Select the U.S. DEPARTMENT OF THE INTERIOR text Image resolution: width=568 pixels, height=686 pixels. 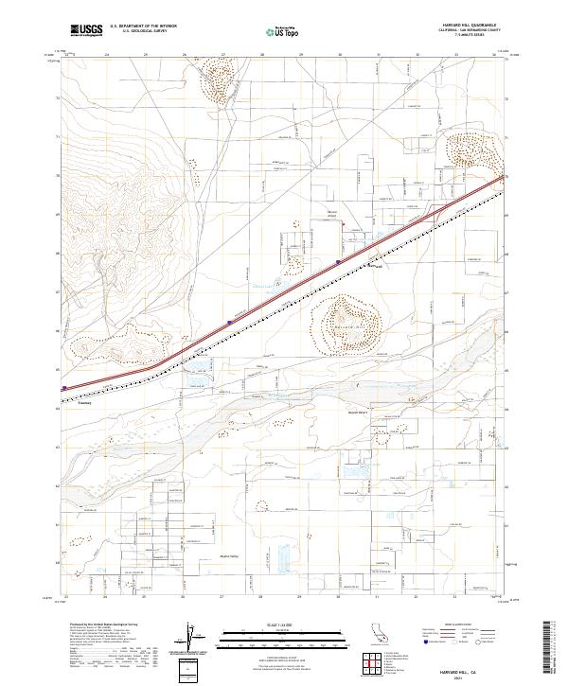point(142,26)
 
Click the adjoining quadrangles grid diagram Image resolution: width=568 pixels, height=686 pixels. point(370,663)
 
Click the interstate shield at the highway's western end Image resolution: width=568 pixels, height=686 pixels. point(63,387)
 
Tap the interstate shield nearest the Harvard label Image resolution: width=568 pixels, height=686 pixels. point(338,262)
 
